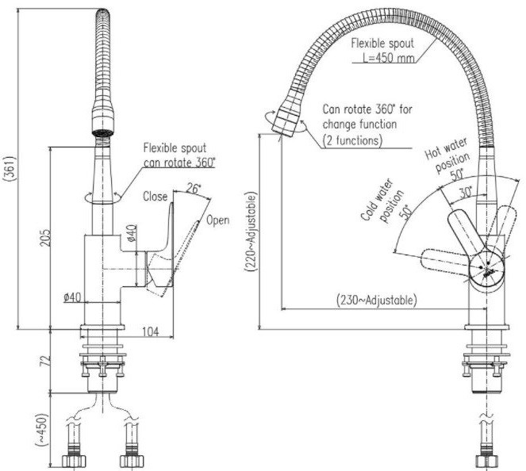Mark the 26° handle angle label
[x=194, y=190]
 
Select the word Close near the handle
[x=156, y=197]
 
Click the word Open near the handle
[x=217, y=220]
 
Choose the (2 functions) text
[x=354, y=140]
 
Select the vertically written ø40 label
[x=131, y=235]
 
